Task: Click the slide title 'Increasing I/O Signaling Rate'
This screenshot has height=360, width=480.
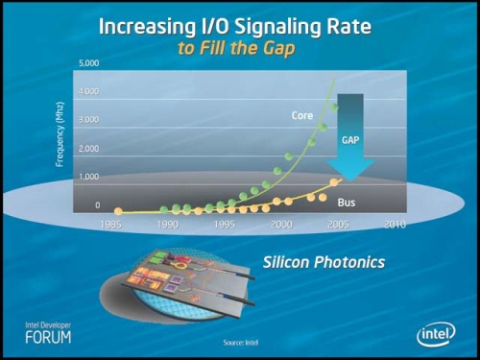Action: point(240,22)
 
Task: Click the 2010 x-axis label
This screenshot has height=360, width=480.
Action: point(394,224)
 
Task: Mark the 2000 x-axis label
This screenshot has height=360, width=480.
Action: point(281,224)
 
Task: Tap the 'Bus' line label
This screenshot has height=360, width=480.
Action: point(348,203)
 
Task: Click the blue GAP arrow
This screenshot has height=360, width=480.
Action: point(350,134)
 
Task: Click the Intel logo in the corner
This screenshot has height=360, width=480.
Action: point(436,333)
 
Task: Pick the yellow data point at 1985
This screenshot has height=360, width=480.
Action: point(118,211)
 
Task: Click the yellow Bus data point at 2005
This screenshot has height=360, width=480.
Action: point(334,181)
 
